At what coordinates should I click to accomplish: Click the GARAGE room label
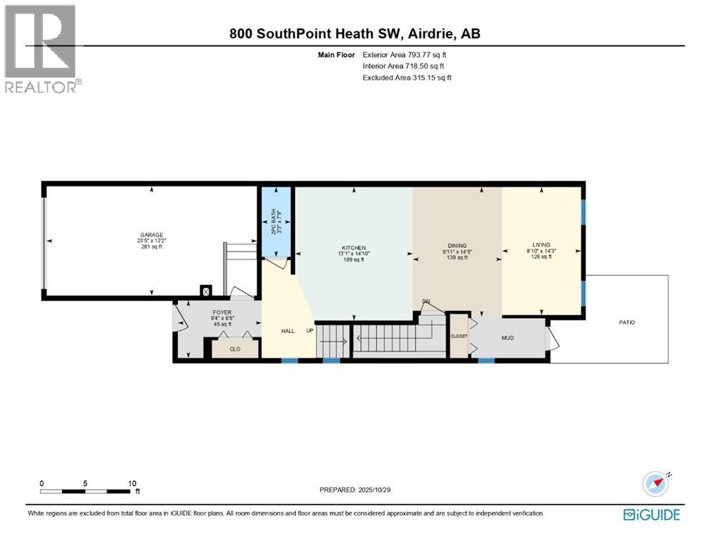point(151,234)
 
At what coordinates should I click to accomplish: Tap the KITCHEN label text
point(352,248)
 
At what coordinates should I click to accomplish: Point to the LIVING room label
point(542,244)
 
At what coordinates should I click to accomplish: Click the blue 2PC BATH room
point(276,222)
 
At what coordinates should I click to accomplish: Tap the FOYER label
point(222,312)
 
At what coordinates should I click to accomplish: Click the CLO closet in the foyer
point(235,350)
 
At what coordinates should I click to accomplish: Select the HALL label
point(288,331)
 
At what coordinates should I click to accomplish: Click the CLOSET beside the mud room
point(458,335)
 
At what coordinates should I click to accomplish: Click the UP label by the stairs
point(309,331)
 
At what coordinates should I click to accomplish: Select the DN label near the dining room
point(425,302)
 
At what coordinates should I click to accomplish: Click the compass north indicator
point(658,484)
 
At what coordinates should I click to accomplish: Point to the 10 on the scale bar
point(132,483)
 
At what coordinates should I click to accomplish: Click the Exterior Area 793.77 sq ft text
point(407,54)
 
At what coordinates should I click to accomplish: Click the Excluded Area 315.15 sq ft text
point(407,77)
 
